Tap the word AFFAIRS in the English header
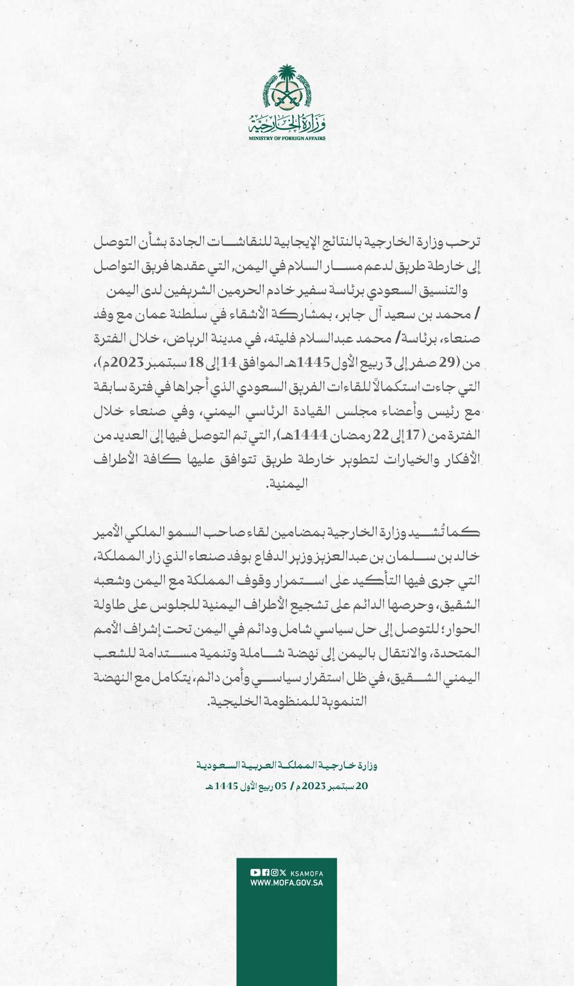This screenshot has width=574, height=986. (316, 138)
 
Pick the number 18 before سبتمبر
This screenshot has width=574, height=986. (196, 363)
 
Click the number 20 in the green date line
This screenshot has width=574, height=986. (361, 786)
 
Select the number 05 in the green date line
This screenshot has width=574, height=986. (280, 786)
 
